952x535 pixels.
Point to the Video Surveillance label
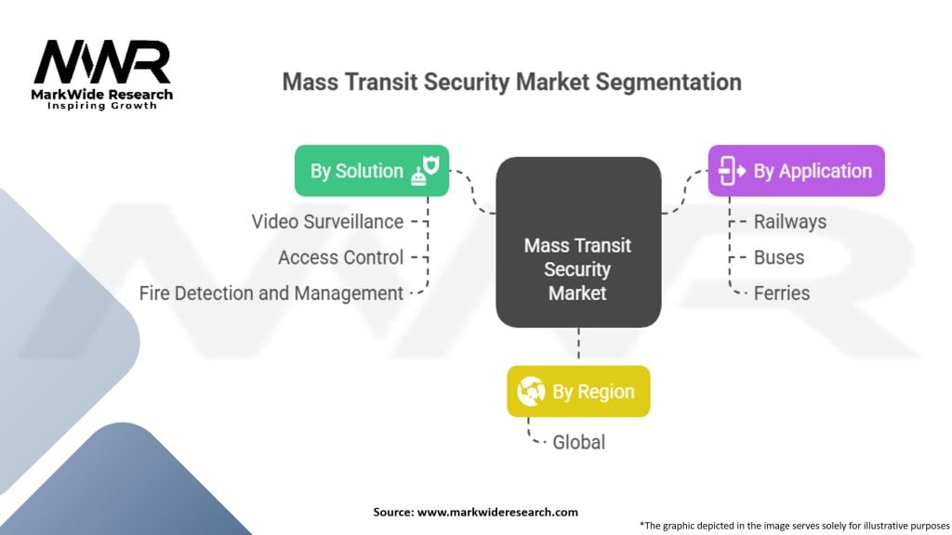pyautogui.click(x=327, y=222)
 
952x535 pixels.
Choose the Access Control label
pyautogui.click(x=340, y=257)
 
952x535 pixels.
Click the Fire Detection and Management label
pyautogui.click(x=271, y=294)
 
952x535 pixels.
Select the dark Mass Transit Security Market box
pyautogui.click(x=577, y=242)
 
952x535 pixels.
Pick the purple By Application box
pyautogui.click(x=796, y=171)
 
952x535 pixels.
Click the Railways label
pyautogui.click(x=789, y=222)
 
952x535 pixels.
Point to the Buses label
pyautogui.click(x=779, y=257)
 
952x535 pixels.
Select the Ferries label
pyautogui.click(x=782, y=294)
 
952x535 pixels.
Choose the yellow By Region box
pyautogui.click(x=577, y=391)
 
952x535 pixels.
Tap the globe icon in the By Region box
pyautogui.click(x=532, y=391)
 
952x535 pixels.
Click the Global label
pyautogui.click(x=578, y=442)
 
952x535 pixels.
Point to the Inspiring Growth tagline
pyautogui.click(x=102, y=106)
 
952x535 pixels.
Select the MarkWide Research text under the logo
pyautogui.click(x=102, y=94)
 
